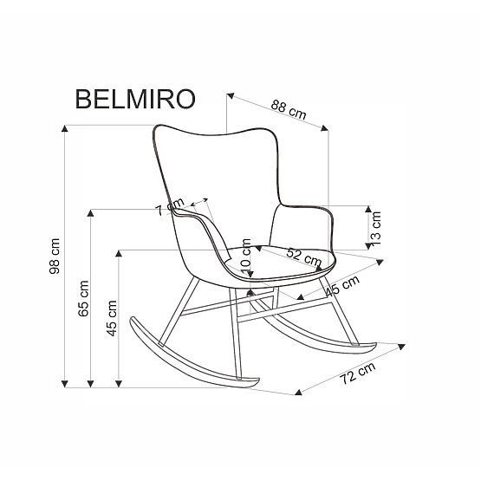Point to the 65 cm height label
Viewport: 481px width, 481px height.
(83, 300)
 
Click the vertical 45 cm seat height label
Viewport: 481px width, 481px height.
(111, 319)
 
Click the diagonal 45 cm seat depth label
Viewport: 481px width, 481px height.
(343, 287)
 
